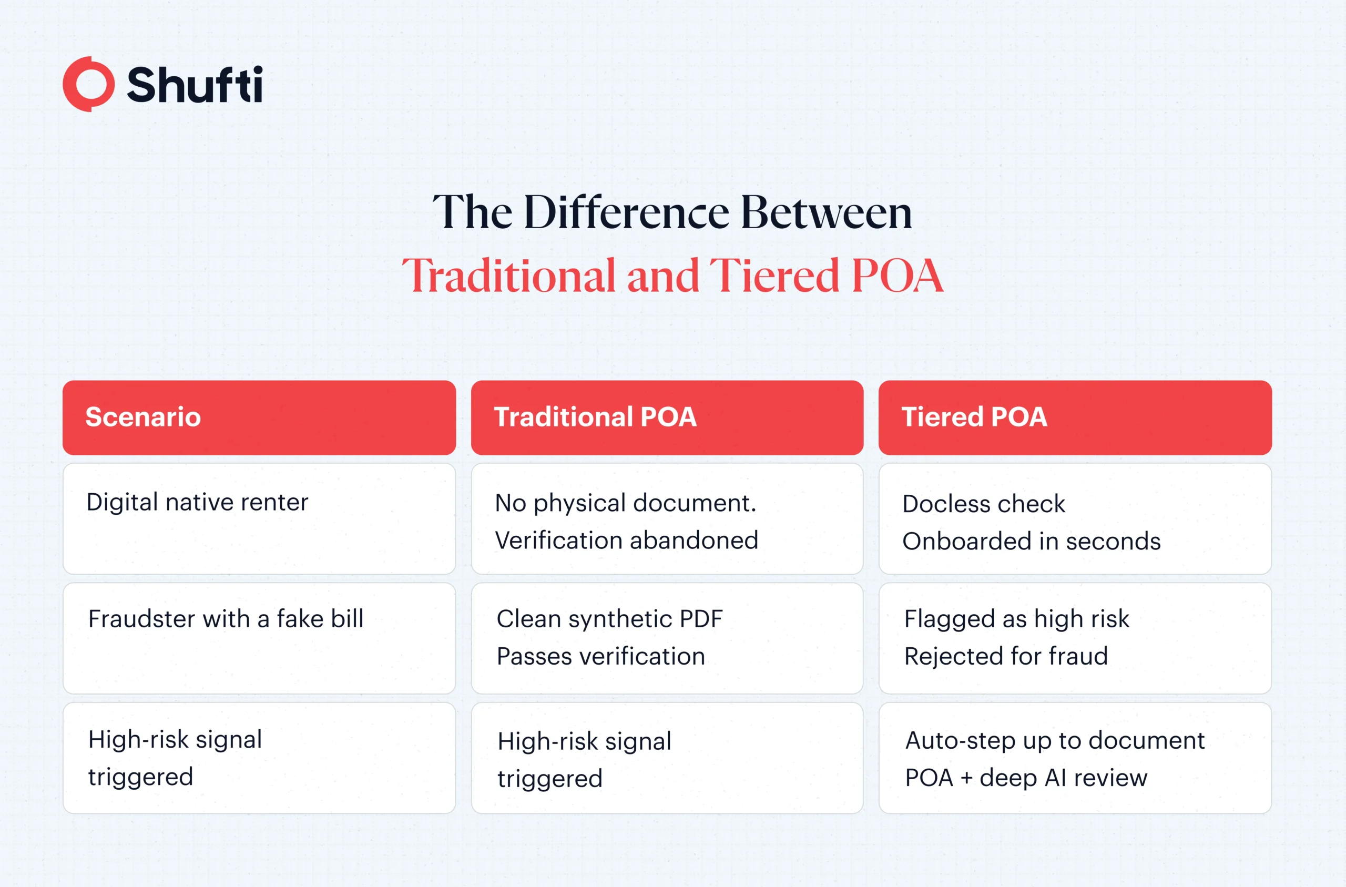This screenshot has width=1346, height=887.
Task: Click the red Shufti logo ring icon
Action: pyautogui.click(x=88, y=84)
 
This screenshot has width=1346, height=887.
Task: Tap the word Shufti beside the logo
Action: pyautogui.click(x=195, y=85)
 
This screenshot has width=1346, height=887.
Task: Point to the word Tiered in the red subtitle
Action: pyautogui.click(x=773, y=276)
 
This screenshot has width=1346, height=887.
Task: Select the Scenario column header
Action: pyautogui.click(x=143, y=417)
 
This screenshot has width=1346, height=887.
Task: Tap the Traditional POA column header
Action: pyautogui.click(x=595, y=417)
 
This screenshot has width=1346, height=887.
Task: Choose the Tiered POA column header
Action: pyautogui.click(x=974, y=417)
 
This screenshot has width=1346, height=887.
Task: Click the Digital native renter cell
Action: pyautogui.click(x=197, y=502)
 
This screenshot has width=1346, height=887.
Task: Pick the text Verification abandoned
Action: pyautogui.click(x=627, y=540)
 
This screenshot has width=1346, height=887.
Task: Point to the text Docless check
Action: pyautogui.click(x=984, y=504)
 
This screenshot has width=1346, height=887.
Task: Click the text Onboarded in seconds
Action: pyautogui.click(x=1032, y=542)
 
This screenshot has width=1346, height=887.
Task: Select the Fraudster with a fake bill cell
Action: pyautogui.click(x=226, y=619)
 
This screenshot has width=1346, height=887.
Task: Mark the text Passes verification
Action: pyautogui.click(x=600, y=656)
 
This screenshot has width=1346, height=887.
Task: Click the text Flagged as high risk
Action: pyautogui.click(x=1016, y=619)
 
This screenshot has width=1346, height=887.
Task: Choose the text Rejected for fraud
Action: pyautogui.click(x=1005, y=656)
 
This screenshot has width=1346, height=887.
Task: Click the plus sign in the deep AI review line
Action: pyautogui.click(x=966, y=778)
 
